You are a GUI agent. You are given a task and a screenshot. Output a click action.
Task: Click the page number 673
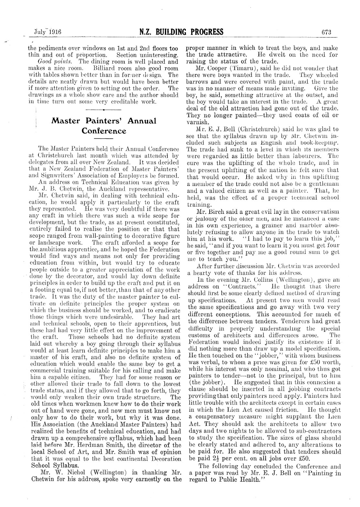point(327,32)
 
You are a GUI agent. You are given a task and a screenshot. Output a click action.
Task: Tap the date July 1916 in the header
point(48,32)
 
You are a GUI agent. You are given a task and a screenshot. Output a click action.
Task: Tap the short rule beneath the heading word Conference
point(103,139)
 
